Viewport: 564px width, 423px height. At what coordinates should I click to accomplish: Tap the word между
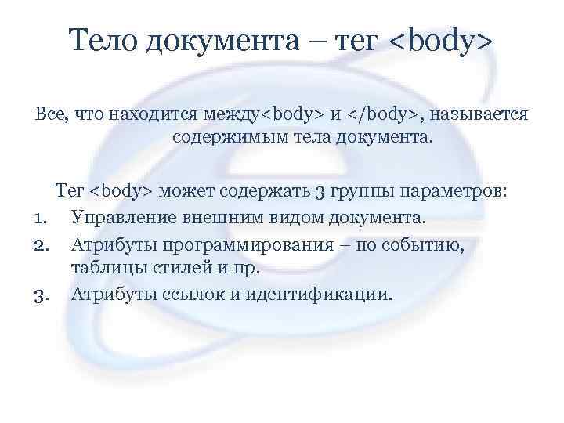pos(231,114)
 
